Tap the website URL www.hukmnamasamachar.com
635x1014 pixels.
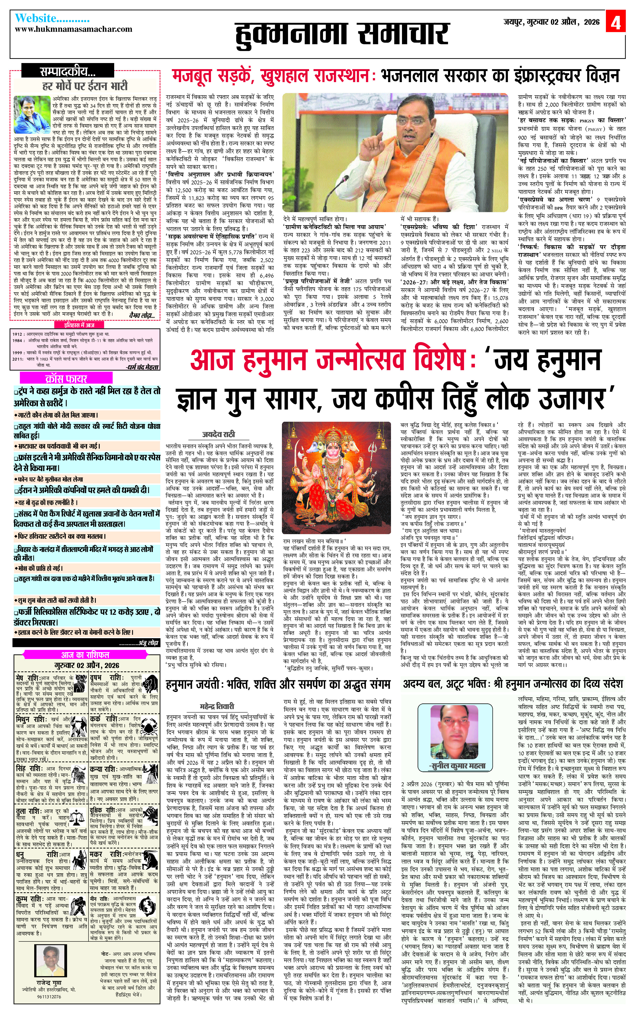pos(74,29)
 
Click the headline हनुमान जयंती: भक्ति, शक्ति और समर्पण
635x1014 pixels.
pos(278,685)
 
